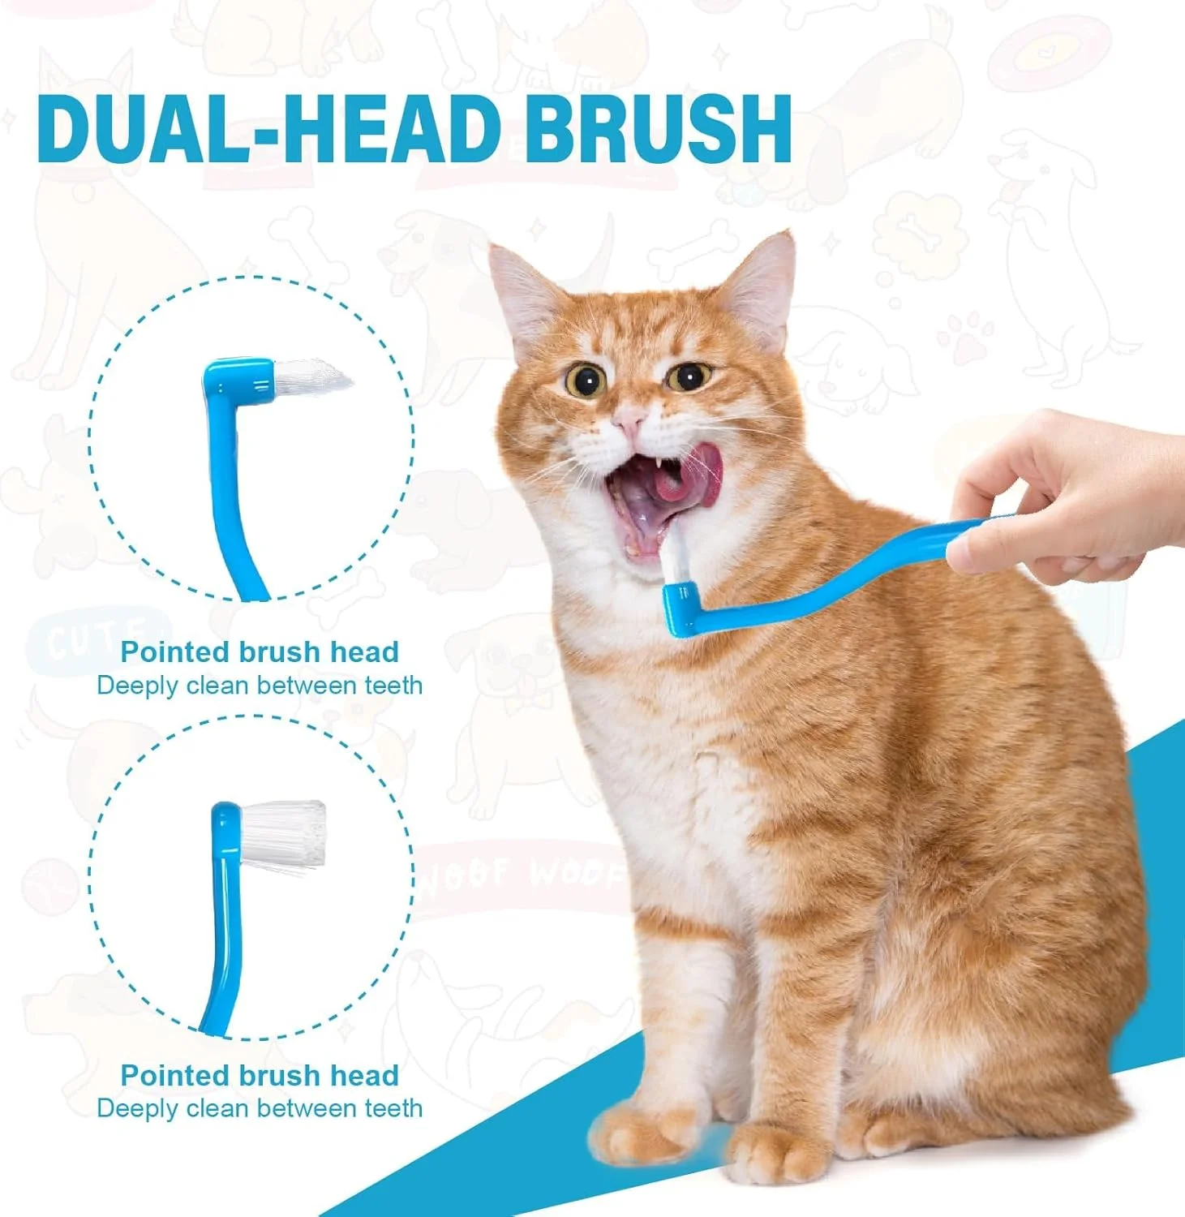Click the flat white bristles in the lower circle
(x=284, y=834)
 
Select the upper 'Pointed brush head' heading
(x=260, y=652)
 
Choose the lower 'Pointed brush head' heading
(x=260, y=1075)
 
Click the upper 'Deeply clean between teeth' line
(x=260, y=686)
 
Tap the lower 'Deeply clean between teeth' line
(x=260, y=1108)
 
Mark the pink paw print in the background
(x=965, y=337)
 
